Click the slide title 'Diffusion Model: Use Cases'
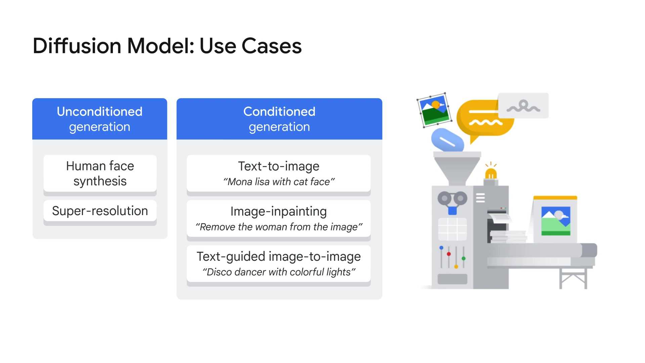(x=167, y=46)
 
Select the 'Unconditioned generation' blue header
(x=100, y=119)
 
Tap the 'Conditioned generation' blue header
(x=279, y=119)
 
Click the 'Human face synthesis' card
(x=100, y=174)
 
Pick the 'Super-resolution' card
(x=100, y=211)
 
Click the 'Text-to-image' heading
(x=279, y=166)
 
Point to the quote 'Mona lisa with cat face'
(x=279, y=182)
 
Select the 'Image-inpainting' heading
(x=279, y=211)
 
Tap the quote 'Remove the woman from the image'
(x=279, y=227)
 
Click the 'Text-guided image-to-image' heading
(x=279, y=256)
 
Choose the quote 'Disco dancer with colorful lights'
(x=279, y=272)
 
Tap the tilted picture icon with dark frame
(x=435, y=110)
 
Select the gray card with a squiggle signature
(x=523, y=106)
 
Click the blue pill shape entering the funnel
(x=448, y=141)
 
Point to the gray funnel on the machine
(x=457, y=168)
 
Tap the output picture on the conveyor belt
(x=556, y=220)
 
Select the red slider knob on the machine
(x=449, y=254)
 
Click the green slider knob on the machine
(x=464, y=258)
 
